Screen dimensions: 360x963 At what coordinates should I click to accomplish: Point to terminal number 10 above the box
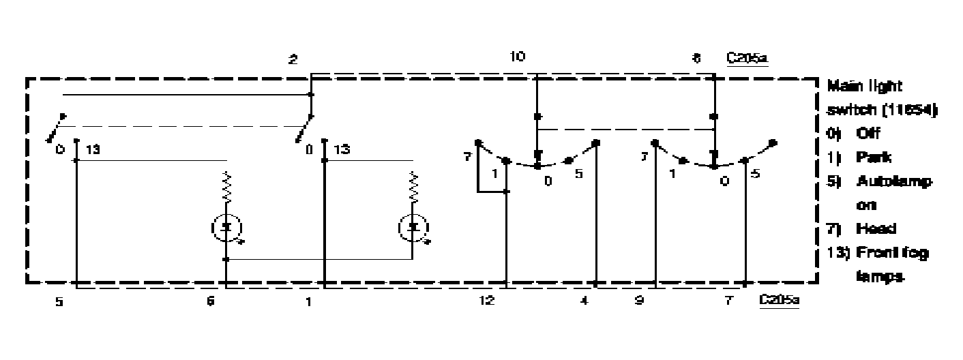pyautogui.click(x=518, y=57)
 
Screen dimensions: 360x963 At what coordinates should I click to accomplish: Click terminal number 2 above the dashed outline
pyautogui.click(x=293, y=60)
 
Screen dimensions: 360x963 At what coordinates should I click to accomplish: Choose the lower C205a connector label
pyautogui.click(x=779, y=299)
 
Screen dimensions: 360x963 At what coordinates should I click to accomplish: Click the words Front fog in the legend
pyautogui.click(x=888, y=253)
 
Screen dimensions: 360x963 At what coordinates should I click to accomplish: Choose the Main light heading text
pyautogui.click(x=864, y=87)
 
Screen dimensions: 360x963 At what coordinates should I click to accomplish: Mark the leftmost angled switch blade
pyautogui.click(x=54, y=127)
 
